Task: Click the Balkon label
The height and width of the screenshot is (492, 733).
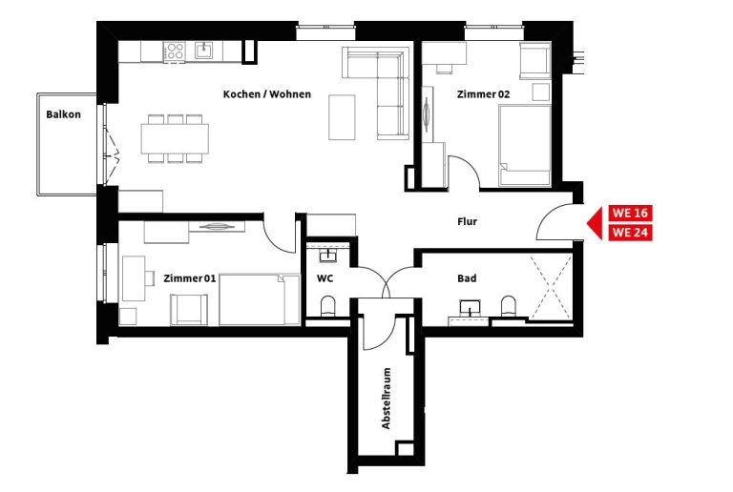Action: [x=63, y=114]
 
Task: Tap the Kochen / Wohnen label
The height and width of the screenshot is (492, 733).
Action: [x=267, y=94]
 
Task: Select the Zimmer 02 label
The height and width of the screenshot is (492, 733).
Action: [x=483, y=94]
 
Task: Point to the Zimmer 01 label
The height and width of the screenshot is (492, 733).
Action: [x=189, y=278]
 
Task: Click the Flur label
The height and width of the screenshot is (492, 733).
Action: [x=467, y=222]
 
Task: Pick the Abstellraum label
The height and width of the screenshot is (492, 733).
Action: [x=387, y=399]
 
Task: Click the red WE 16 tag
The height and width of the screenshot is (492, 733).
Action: [x=630, y=214]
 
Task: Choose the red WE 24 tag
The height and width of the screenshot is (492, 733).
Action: [x=630, y=232]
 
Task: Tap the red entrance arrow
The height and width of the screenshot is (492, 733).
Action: [x=596, y=223]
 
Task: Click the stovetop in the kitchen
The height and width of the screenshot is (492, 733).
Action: [x=175, y=51]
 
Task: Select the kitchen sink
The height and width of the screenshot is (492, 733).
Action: [x=204, y=50]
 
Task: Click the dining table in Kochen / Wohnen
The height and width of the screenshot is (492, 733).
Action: [x=175, y=138]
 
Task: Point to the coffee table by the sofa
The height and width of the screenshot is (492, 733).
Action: [x=342, y=117]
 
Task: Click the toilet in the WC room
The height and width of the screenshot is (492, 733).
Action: [x=328, y=306]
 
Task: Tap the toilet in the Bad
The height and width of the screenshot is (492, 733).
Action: [x=509, y=306]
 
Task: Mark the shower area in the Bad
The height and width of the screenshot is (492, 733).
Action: [x=552, y=286]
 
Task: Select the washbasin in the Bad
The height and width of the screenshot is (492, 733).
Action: [x=470, y=309]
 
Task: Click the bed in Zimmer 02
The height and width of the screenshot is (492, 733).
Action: [x=525, y=145]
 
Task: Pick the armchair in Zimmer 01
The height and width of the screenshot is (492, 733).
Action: [x=189, y=310]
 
